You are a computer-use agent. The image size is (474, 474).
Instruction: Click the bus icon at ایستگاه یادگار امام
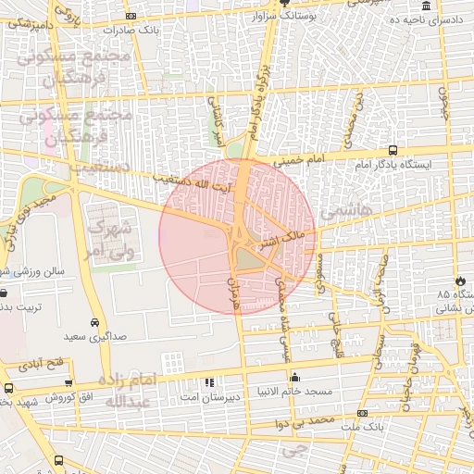click(x=393, y=150)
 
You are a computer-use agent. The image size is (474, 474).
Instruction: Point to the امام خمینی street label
click(x=299, y=160)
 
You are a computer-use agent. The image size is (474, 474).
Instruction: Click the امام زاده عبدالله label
click(x=128, y=392)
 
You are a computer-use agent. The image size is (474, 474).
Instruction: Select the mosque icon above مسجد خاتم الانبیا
click(x=294, y=377)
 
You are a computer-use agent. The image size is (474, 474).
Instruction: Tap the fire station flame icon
click(x=460, y=281)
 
